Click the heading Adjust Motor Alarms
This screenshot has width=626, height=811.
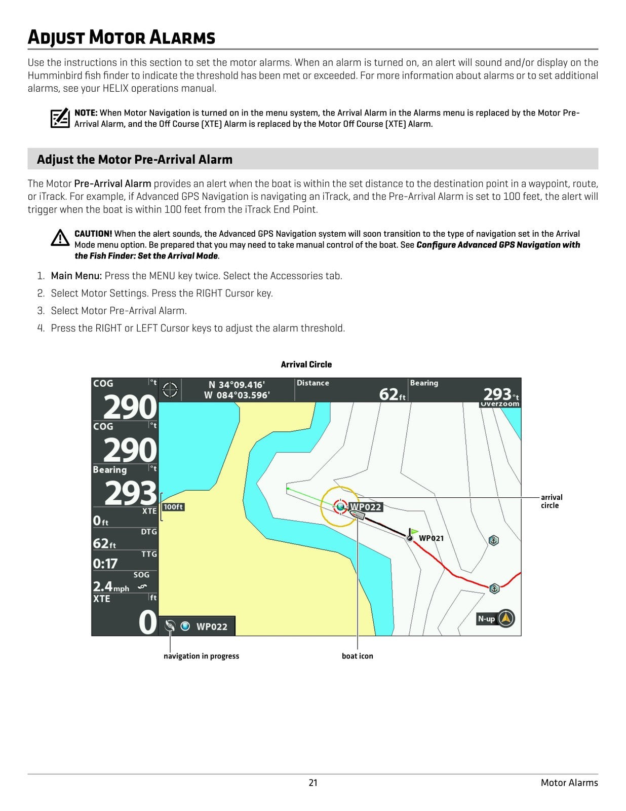point(122,38)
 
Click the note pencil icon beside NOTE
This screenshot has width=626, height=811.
point(60,118)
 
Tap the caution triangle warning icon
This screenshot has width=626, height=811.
point(60,238)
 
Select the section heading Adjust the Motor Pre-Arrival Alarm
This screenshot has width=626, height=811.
point(135,159)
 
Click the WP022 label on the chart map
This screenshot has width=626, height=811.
point(366,507)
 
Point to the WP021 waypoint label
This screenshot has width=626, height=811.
point(431,538)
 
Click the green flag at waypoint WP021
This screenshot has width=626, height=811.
point(414,531)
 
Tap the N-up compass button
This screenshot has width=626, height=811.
point(496,618)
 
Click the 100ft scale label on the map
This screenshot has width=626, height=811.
point(173,507)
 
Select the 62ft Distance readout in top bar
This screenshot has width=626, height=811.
point(393,394)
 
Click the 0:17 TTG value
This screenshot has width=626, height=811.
point(105,564)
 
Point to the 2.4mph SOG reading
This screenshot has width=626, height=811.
point(110,586)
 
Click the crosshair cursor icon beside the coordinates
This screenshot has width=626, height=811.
point(170,390)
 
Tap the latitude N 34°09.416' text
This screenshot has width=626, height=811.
point(237,385)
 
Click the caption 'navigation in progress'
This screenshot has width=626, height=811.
point(201,656)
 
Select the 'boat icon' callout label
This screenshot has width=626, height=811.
point(357,656)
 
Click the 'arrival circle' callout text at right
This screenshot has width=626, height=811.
point(551,501)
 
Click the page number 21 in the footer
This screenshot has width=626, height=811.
point(313,783)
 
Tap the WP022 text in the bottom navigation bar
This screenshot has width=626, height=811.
point(212,626)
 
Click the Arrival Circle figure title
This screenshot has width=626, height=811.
point(306,364)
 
